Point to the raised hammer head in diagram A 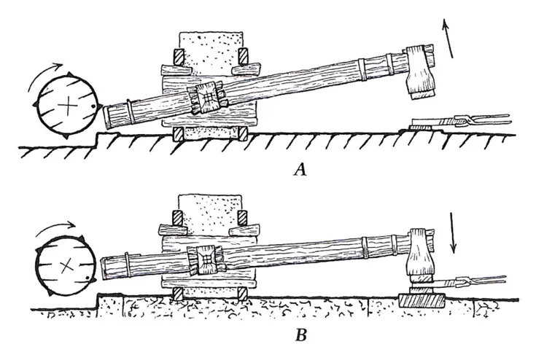pyautogui.click(x=420, y=71)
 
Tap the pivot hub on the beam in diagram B pyautogui.click(x=207, y=259)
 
